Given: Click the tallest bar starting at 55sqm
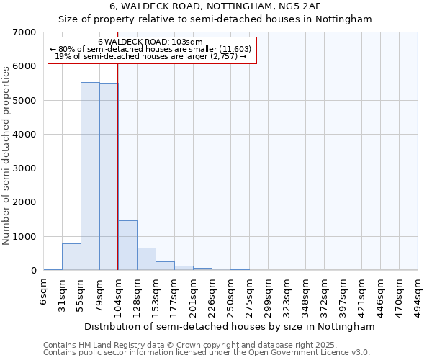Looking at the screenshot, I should pyautogui.click(x=90, y=176).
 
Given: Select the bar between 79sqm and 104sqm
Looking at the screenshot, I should pyautogui.click(x=109, y=176).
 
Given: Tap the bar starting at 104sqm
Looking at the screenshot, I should pyautogui.click(x=127, y=246).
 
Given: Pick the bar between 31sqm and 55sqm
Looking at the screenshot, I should pyautogui.click(x=71, y=257).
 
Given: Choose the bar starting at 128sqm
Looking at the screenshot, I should pyautogui.click(x=146, y=259).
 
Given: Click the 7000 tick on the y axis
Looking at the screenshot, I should pyautogui.click(x=24, y=32).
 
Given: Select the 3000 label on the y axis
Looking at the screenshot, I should pyautogui.click(x=24, y=168).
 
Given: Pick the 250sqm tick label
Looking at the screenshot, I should pyautogui.click(x=231, y=294).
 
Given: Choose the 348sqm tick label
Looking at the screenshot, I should pyautogui.click(x=306, y=294).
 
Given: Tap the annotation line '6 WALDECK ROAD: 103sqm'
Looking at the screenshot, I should pyautogui.click(x=150, y=42).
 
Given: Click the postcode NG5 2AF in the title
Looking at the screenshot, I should pyautogui.click(x=317, y=6).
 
